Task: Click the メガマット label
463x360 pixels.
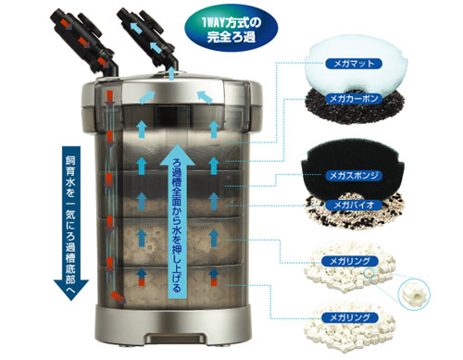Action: click(354, 64)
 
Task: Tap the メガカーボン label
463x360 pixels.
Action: click(354, 99)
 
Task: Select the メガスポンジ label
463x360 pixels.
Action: click(354, 176)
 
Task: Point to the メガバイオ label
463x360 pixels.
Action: click(354, 205)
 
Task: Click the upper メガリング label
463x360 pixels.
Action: click(350, 261)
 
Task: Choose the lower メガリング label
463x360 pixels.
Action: click(350, 317)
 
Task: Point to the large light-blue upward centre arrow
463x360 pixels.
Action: click(177, 221)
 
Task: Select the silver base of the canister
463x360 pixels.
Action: click(172, 325)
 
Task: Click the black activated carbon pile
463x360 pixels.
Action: click(355, 106)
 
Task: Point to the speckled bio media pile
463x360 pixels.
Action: click(355, 211)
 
